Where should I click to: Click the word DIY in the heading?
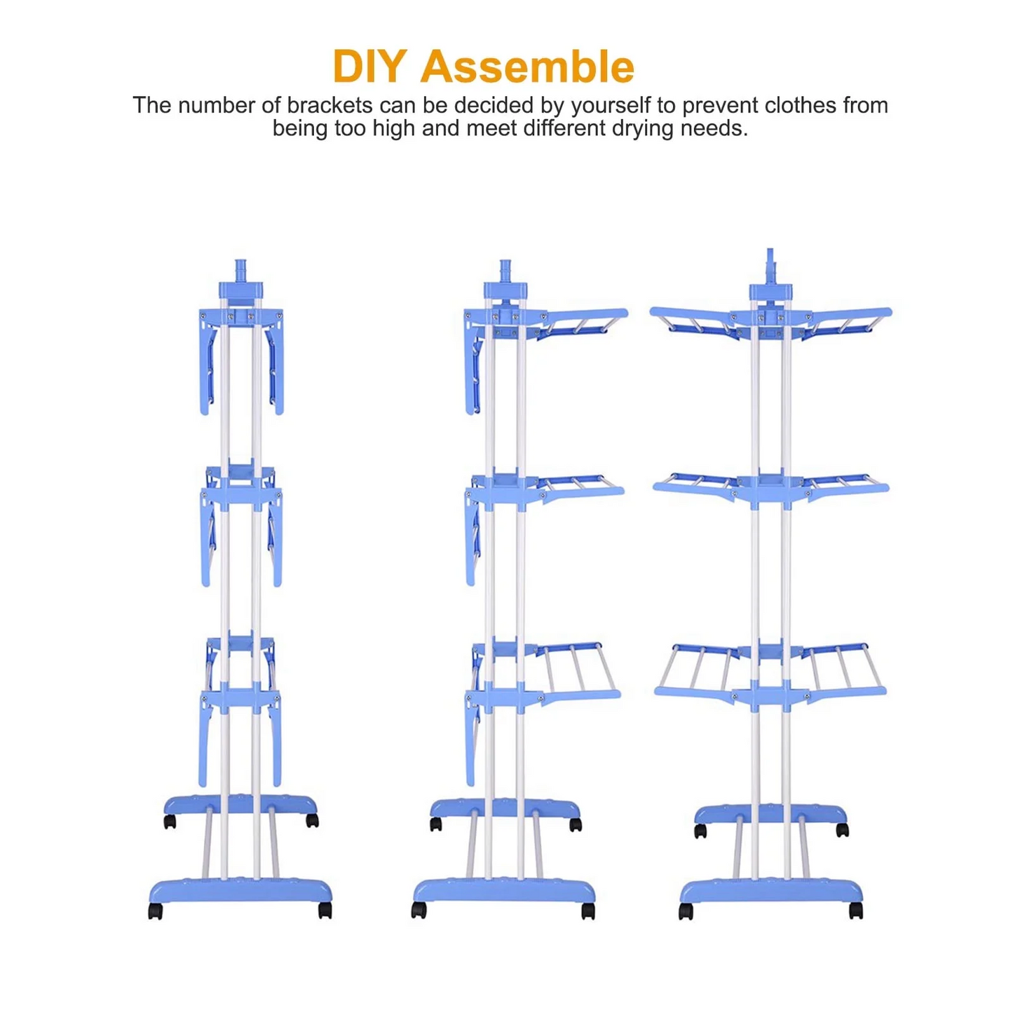[x=370, y=66]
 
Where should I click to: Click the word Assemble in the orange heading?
[x=527, y=66]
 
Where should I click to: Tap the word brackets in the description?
[x=329, y=105]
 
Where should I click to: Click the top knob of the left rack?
[x=240, y=270]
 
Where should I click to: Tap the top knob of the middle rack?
[x=505, y=270]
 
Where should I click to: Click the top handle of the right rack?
[x=770, y=266]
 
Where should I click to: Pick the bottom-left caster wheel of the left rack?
[x=155, y=911]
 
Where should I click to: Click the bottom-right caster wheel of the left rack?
[x=325, y=911]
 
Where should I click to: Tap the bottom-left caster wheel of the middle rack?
[x=419, y=911]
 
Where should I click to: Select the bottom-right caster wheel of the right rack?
[x=856, y=911]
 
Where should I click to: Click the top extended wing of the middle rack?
[x=581, y=320]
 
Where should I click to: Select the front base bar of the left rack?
[x=240, y=892]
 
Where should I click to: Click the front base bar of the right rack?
[x=770, y=892]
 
